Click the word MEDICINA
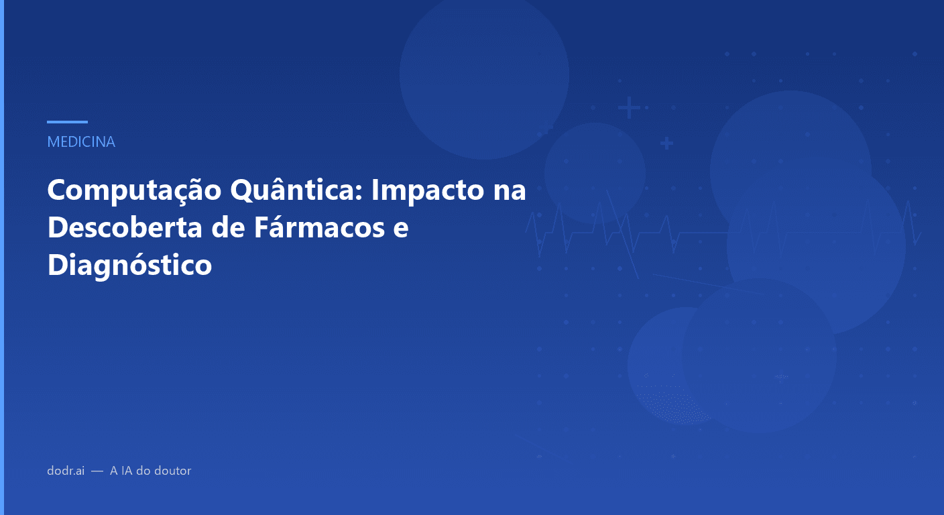click(81, 142)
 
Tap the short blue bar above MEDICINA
click(67, 122)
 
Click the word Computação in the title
click(134, 191)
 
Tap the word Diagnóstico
click(129, 265)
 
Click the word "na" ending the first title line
click(510, 191)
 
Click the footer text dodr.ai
click(66, 471)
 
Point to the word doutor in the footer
click(172, 471)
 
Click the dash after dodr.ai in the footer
click(97, 471)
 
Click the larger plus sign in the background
click(629, 107)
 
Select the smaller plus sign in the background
click(666, 143)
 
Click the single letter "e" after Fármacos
click(401, 228)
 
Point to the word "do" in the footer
click(143, 471)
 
